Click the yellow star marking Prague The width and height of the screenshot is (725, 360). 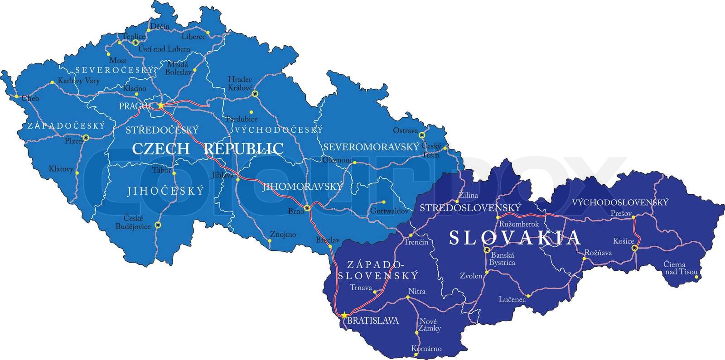[161, 106]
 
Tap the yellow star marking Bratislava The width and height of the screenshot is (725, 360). [344, 315]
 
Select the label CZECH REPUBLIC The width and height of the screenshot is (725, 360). [208, 149]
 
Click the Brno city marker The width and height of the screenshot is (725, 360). [308, 208]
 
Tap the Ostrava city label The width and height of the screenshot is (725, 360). [405, 131]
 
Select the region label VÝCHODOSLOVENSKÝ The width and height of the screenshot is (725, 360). [620, 202]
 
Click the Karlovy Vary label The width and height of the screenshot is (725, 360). [79, 81]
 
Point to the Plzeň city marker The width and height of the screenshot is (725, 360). [86, 137]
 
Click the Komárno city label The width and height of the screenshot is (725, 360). [426, 349]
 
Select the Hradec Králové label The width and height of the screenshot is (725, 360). [240, 83]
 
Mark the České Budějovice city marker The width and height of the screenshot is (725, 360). [158, 225]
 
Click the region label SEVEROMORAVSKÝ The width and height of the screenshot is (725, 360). [370, 147]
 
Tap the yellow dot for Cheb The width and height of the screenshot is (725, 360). [17, 96]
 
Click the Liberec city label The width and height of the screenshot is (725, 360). [193, 37]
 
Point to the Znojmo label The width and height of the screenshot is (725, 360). [283, 235]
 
